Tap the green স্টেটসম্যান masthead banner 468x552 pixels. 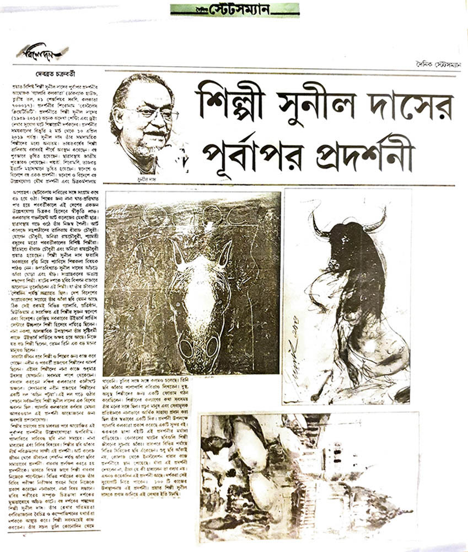tap(234, 10)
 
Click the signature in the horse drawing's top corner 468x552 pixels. tap(119, 204)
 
